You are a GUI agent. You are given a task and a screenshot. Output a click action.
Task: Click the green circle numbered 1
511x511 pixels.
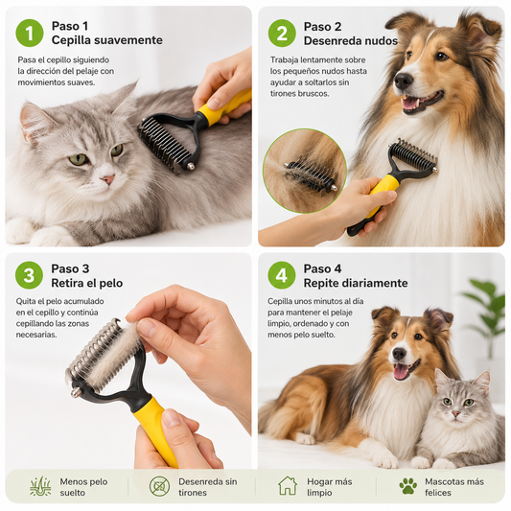30,33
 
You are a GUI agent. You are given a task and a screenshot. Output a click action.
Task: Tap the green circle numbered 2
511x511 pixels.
282,33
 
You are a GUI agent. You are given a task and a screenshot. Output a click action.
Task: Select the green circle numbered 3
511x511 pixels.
29,275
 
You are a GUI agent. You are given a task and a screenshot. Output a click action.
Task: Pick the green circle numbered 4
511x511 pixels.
282,275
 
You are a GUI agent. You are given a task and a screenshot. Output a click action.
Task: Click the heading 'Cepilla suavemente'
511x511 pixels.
106,40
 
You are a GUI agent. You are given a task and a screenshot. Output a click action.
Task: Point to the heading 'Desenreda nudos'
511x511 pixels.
351,40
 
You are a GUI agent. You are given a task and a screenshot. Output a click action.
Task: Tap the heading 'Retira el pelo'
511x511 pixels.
87,283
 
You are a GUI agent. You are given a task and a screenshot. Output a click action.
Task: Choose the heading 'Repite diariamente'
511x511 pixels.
356,283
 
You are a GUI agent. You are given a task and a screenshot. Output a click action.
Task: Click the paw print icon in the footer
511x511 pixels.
408,486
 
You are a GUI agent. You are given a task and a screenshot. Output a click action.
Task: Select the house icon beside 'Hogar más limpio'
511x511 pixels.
288,486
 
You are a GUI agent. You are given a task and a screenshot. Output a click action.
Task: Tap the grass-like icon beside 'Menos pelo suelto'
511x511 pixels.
40,486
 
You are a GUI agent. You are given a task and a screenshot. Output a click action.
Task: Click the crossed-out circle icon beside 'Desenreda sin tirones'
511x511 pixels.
159,486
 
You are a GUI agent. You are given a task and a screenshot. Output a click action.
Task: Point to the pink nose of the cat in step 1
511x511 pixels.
108,179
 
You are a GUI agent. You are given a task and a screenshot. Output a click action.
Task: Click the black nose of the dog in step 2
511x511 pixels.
404,81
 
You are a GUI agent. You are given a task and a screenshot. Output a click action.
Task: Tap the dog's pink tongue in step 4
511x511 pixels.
401,371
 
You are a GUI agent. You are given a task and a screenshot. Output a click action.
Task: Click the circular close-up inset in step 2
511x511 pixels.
305,171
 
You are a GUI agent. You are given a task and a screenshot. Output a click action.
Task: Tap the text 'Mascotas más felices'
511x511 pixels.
454,487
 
